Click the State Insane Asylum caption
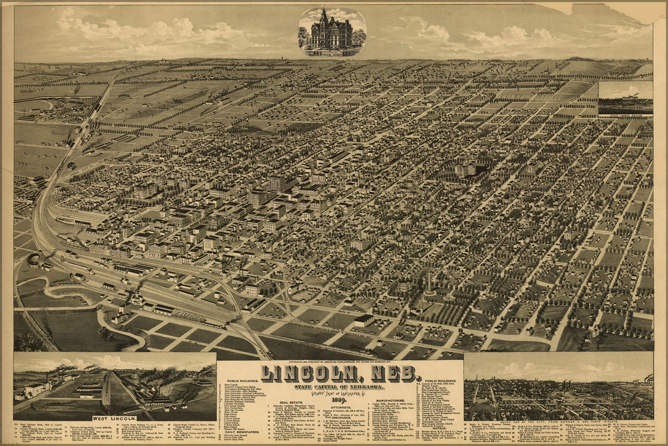(x=626, y=116)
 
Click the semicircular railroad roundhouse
(x=34, y=260)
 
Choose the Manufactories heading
(x=390, y=401)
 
